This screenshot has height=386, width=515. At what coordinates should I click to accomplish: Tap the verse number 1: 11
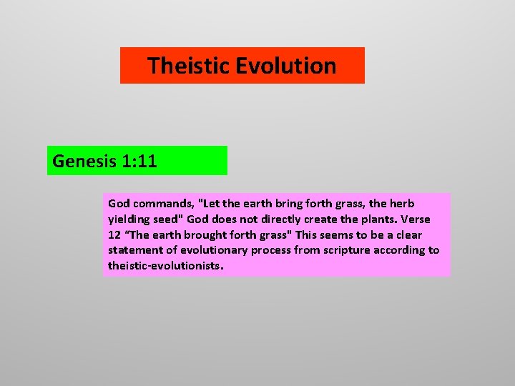point(138,162)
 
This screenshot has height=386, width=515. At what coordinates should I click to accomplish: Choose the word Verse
point(416,219)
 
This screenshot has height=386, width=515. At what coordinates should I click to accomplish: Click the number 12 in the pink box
point(115,235)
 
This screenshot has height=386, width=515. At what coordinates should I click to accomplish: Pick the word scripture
point(351,250)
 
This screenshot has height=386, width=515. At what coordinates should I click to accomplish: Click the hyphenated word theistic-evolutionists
point(165,266)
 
